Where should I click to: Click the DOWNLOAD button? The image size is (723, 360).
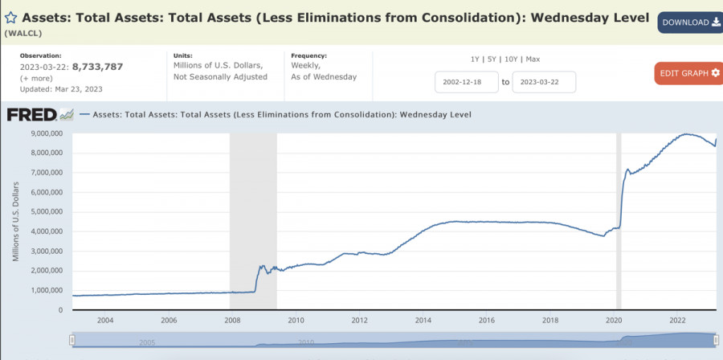[x=690, y=22]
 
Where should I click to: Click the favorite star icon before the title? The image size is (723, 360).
[x=11, y=18]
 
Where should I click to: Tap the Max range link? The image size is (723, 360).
[x=533, y=59]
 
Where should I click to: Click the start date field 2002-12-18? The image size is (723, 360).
[x=465, y=82]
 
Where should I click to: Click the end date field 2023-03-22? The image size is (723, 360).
[x=543, y=82]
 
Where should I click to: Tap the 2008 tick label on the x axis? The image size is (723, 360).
[x=231, y=321]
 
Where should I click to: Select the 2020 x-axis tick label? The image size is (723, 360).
[x=614, y=321]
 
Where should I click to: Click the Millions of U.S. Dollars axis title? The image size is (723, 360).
[x=14, y=222]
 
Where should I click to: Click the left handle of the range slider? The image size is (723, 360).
[x=71, y=340]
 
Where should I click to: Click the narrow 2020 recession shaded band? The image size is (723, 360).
[x=619, y=217]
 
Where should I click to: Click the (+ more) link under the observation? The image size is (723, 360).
[x=37, y=78]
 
